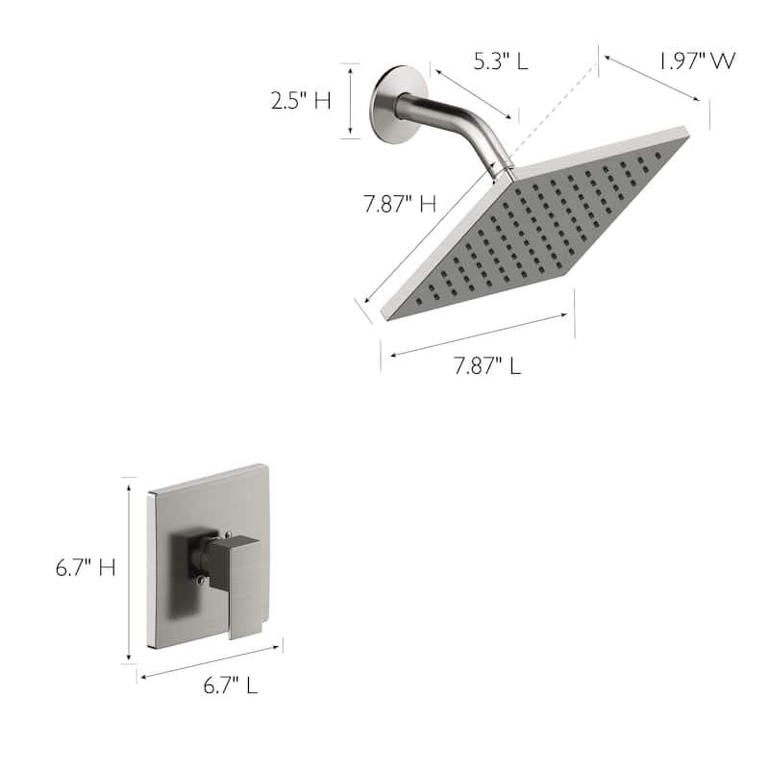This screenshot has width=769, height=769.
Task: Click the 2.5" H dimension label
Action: [301, 100]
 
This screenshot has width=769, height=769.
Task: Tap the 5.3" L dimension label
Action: [500, 62]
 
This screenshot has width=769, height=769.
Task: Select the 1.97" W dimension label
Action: [697, 62]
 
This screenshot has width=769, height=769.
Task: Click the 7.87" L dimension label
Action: [487, 366]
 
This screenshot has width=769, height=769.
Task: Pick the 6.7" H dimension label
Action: [85, 568]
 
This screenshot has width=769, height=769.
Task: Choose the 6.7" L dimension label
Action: [230, 686]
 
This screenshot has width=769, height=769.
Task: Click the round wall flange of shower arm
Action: [398, 104]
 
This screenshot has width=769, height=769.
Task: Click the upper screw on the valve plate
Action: [226, 534]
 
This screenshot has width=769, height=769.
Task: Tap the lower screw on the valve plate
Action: [200, 579]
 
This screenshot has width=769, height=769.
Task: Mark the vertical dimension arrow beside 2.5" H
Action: [351, 100]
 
